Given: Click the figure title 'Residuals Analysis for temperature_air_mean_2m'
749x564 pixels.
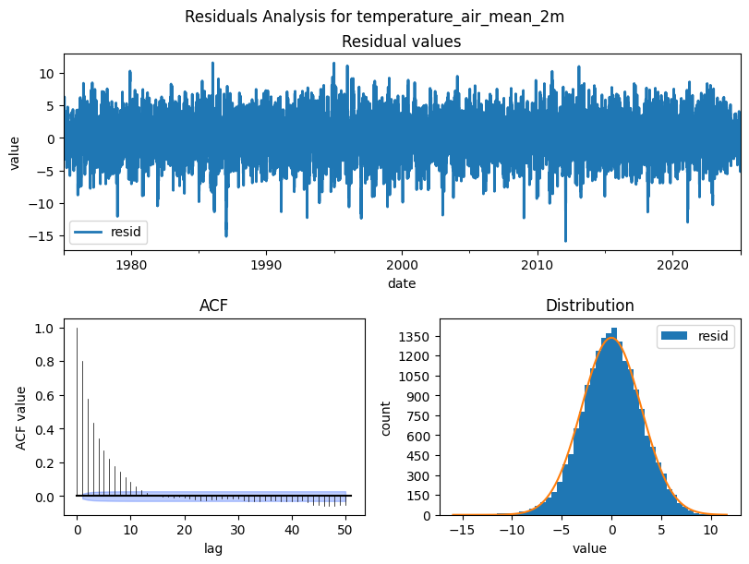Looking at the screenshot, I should [x=374, y=17].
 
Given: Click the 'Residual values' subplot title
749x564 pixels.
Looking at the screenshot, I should [x=401, y=42].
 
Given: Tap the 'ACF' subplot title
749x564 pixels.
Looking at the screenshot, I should [x=213, y=306].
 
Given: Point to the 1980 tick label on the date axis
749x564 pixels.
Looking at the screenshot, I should [x=131, y=264].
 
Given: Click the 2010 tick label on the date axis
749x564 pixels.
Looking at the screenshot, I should [x=537, y=264].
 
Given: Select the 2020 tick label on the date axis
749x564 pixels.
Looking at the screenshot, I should [x=672, y=264].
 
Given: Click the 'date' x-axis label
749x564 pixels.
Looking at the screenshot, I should [x=401, y=282].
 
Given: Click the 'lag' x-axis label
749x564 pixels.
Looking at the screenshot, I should [x=213, y=548].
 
